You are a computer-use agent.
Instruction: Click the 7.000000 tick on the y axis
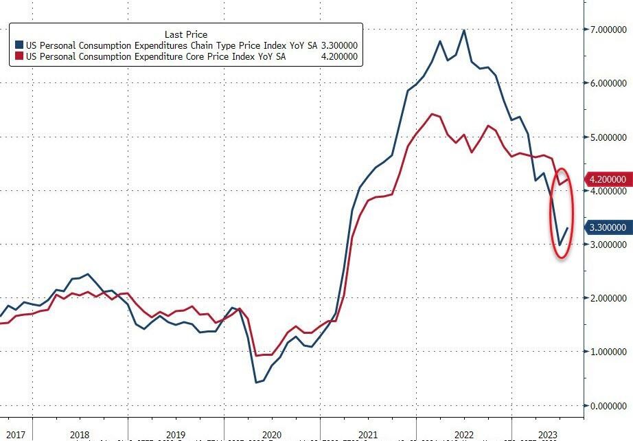pyautogui.click(x=606, y=30)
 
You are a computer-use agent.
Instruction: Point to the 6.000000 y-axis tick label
pyautogui.click(x=606, y=84)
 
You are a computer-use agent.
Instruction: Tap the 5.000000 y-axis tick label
pyautogui.click(x=606, y=137)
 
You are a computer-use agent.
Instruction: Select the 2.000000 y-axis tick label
pyautogui.click(x=606, y=298)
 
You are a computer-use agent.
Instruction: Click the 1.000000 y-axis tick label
pyautogui.click(x=606, y=352)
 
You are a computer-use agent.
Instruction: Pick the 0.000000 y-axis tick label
pyautogui.click(x=606, y=405)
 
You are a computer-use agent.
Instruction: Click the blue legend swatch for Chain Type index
pyautogui.click(x=19, y=45)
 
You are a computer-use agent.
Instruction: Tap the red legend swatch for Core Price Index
pyautogui.click(x=19, y=56)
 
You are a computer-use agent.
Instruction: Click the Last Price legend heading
pyautogui.click(x=186, y=34)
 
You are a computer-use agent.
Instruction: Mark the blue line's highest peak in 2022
pyautogui.click(x=465, y=30)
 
